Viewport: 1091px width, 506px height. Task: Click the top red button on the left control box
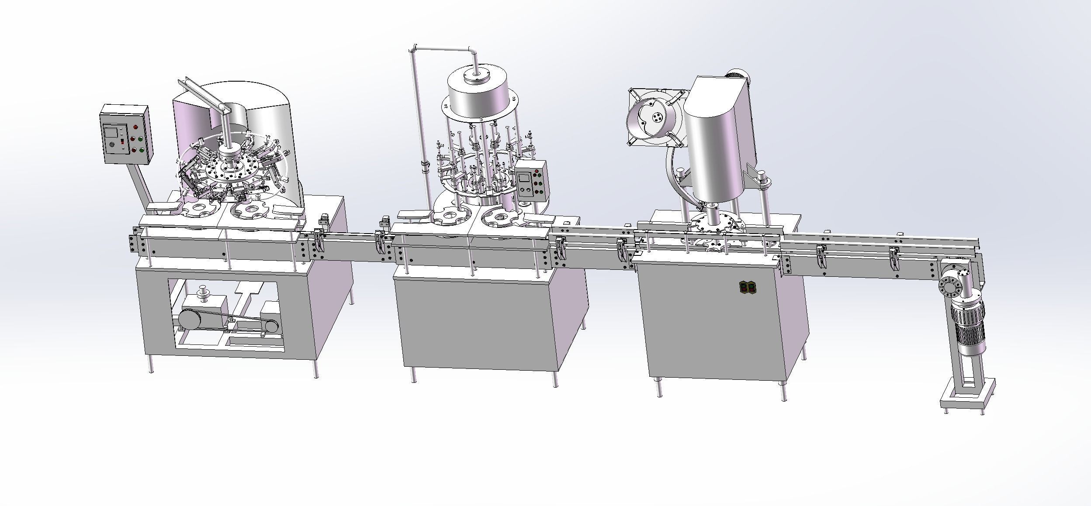click(x=135, y=127)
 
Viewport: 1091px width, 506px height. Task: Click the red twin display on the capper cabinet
click(x=746, y=287)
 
